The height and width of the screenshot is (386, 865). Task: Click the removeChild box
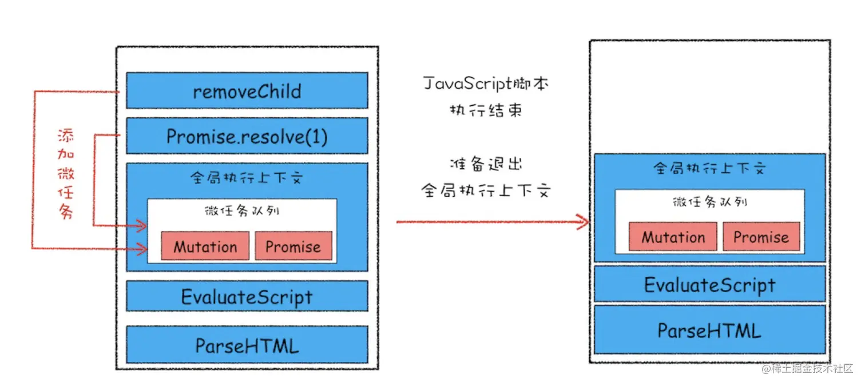[x=247, y=90]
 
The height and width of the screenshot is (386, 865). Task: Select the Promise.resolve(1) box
[x=247, y=136]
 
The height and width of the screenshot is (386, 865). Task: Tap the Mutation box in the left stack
[x=205, y=246]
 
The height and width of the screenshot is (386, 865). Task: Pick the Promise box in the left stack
[x=293, y=246]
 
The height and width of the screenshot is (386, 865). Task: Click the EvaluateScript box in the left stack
[x=247, y=296]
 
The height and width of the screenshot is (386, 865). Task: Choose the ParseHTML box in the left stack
[x=247, y=344]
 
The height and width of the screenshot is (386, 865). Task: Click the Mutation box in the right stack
[x=673, y=236]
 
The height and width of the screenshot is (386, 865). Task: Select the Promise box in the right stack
[x=761, y=236]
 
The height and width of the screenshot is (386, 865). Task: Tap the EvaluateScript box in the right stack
[x=710, y=284]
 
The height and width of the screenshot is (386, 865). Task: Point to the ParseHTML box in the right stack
[x=710, y=329]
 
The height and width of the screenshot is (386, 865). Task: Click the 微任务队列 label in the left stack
[x=242, y=210]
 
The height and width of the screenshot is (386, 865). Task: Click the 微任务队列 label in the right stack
[x=710, y=201]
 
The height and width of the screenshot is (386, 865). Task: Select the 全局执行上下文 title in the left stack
[x=247, y=177]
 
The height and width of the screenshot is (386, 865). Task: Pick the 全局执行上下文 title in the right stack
[x=710, y=168]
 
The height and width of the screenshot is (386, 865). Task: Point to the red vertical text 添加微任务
[x=66, y=174]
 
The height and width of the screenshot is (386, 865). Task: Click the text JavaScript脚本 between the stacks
[x=486, y=83]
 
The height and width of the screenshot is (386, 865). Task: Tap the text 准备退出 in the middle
[x=486, y=164]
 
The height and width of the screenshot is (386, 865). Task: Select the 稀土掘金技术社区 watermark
[x=807, y=369]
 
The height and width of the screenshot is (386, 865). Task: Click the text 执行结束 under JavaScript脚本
[x=486, y=110]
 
